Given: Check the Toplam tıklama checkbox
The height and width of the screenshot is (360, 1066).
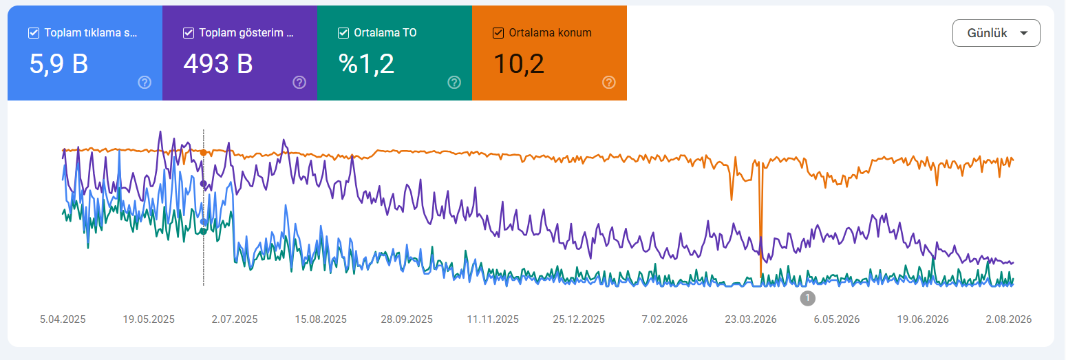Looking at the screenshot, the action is (34, 33).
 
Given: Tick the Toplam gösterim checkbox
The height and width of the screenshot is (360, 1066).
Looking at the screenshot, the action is (189, 33).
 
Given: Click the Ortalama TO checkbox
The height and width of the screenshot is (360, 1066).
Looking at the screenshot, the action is (343, 33).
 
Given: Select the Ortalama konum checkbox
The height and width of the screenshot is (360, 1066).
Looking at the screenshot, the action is (498, 33).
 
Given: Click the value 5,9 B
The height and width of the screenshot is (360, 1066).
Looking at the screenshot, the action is (58, 64).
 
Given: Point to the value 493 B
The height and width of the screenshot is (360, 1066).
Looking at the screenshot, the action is (218, 64).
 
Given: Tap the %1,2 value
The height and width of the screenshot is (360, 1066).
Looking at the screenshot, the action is (366, 64).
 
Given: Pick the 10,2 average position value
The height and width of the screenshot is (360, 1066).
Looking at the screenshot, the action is (519, 64).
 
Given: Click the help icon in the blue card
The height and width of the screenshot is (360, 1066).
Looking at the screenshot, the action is (145, 83).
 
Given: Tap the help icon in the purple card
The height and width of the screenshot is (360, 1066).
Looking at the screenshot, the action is (299, 83).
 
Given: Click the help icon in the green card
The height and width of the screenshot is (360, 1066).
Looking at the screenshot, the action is (454, 83).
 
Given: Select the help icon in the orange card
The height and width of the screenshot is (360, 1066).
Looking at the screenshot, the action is (609, 83).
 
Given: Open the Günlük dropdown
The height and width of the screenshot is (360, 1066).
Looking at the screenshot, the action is (996, 33).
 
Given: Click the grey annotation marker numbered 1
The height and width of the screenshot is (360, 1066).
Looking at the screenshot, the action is (808, 298).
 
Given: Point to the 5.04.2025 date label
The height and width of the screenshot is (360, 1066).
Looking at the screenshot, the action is (63, 319).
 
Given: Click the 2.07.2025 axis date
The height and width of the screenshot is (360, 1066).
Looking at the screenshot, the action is (235, 319).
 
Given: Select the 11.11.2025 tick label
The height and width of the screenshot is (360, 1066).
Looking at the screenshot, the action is (493, 319).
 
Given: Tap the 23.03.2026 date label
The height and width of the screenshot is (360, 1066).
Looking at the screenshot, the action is (751, 319).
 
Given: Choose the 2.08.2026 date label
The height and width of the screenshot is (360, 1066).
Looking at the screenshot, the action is (1008, 319).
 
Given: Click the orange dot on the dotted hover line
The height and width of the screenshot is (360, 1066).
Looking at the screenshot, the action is (204, 153).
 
